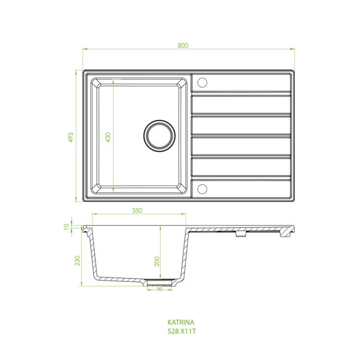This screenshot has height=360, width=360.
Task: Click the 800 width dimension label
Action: [183, 45]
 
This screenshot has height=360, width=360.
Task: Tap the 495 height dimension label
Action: [71, 137]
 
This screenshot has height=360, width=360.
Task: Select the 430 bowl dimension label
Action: [108, 137]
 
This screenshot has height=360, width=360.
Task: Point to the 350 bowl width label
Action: [137, 210]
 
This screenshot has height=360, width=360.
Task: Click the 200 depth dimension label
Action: [157, 261]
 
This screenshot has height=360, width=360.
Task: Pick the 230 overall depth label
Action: [78, 261]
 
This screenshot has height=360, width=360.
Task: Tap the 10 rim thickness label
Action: [66, 227]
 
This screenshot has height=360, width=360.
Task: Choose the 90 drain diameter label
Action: [160, 289]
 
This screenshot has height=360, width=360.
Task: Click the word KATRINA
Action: [181, 322]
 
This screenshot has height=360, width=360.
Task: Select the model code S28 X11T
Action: [182, 331]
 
